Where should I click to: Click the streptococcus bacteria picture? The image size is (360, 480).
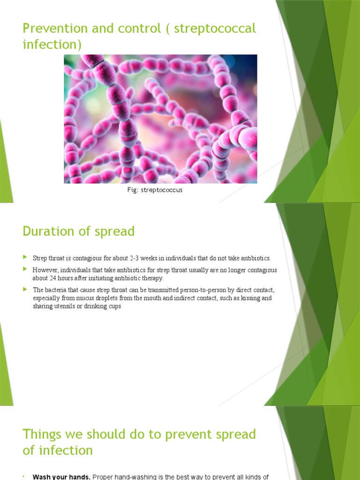click(x=160, y=119)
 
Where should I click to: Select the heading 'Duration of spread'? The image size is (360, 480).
click(x=78, y=231)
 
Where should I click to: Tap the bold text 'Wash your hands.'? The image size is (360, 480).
click(x=61, y=477)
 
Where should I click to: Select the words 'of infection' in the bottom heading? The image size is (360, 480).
click(x=58, y=450)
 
